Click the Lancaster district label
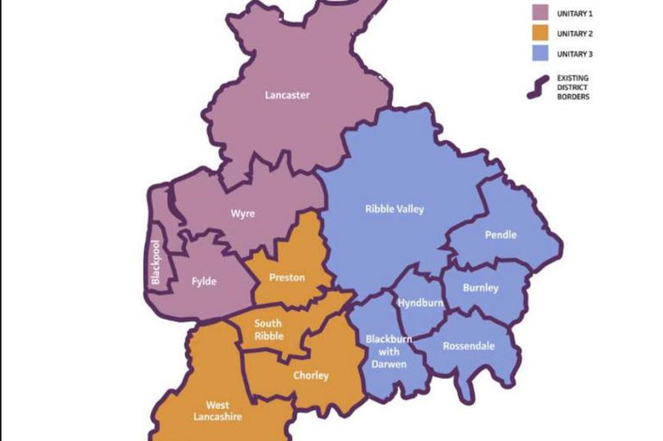[287, 95]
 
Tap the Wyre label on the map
[243, 214]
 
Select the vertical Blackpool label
[156, 262]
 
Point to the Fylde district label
[204, 281]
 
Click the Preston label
[287, 277]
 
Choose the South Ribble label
[268, 331]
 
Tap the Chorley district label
[311, 375]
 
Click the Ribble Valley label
[395, 209]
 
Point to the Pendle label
[501, 235]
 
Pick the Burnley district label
[480, 287]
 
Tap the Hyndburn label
[420, 303]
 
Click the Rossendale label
[469, 346]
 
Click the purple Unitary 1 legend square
[540, 13]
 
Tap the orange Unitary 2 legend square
[540, 34]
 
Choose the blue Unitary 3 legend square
[540, 54]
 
